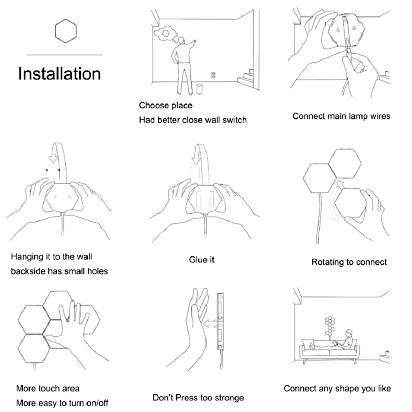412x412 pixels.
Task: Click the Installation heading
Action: [x=59, y=74]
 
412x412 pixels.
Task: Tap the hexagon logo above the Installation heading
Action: [x=66, y=31]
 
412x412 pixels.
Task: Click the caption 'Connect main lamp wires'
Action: [x=341, y=116]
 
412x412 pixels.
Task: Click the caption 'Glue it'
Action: [x=202, y=260]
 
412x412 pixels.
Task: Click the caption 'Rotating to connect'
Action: [x=349, y=262]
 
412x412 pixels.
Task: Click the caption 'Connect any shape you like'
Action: [x=337, y=388]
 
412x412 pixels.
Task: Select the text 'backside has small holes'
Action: [x=59, y=271]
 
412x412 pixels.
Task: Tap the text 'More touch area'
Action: [x=48, y=388]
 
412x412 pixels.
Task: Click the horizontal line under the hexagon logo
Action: [x=65, y=55]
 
